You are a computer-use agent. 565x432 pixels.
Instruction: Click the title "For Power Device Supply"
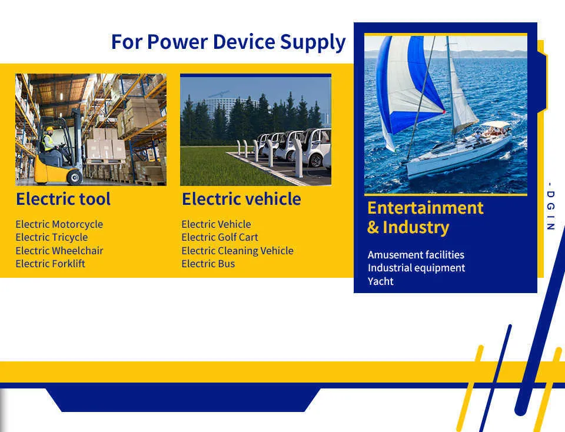pyautogui.click(x=228, y=42)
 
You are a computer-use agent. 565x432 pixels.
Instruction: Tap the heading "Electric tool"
pyautogui.click(x=63, y=199)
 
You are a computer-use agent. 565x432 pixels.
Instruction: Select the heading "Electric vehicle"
pyautogui.click(x=241, y=199)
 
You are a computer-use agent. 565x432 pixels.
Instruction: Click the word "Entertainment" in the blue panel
pyautogui.click(x=425, y=208)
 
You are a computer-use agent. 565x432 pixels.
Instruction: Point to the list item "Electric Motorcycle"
pyautogui.click(x=59, y=224)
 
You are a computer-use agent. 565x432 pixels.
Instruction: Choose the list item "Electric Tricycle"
pyautogui.click(x=52, y=237)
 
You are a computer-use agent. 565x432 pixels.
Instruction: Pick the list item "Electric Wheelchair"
pyautogui.click(x=59, y=250)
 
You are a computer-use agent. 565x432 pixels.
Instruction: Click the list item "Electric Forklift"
pyautogui.click(x=50, y=264)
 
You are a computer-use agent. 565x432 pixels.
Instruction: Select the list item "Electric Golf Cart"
pyautogui.click(x=220, y=237)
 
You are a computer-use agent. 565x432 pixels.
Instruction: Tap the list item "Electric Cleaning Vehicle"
pyautogui.click(x=237, y=251)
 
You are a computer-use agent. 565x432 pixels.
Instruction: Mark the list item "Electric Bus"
pyautogui.click(x=208, y=264)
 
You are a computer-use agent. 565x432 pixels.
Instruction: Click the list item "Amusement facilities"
pyautogui.click(x=416, y=255)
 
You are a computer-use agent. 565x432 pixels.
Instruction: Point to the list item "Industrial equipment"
pyautogui.click(x=416, y=268)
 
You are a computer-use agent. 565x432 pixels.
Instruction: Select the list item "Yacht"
pyautogui.click(x=381, y=281)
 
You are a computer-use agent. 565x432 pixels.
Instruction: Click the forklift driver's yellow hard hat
pyautogui.click(x=49, y=129)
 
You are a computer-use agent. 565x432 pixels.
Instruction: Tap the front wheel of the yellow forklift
pyautogui.click(x=75, y=177)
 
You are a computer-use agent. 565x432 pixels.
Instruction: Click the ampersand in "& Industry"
pyautogui.click(x=373, y=227)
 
